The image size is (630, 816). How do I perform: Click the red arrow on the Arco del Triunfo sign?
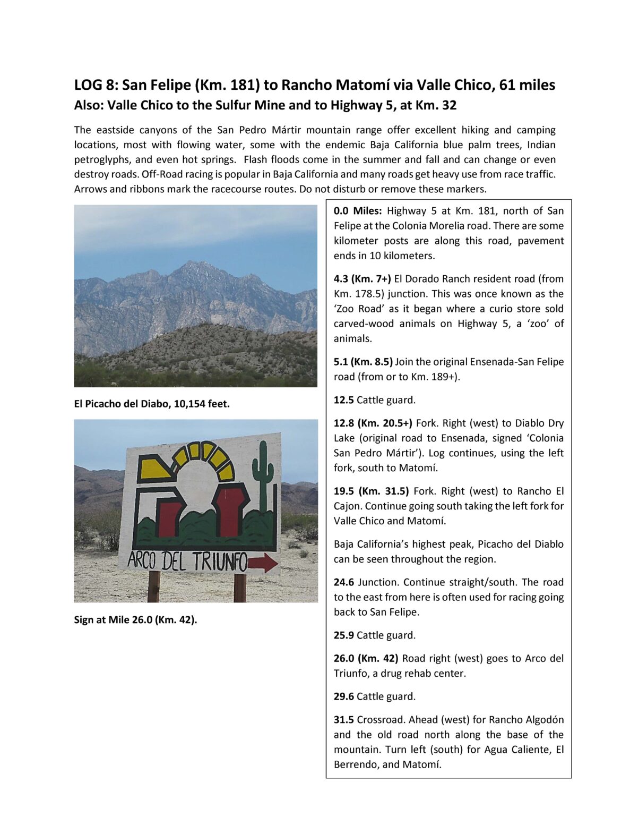263,563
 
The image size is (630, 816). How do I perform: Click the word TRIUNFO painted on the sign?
219,561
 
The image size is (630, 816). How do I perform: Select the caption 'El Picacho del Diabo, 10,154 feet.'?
152,404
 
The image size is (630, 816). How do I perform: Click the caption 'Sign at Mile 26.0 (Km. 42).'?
135,619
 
